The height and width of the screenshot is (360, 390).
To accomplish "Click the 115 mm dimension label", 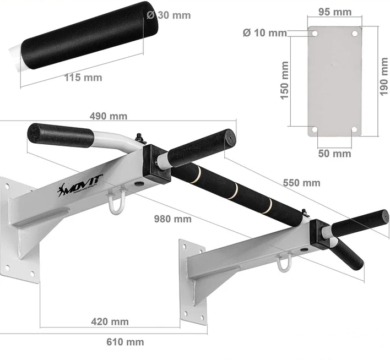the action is (83, 78).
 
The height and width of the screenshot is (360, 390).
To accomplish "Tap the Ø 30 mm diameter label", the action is (169, 15).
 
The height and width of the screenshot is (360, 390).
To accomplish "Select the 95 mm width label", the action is (335, 12).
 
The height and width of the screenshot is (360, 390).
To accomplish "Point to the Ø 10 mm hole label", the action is (265, 32).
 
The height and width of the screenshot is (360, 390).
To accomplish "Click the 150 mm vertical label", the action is (284, 80).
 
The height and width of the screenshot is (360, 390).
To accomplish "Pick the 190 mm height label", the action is (384, 77).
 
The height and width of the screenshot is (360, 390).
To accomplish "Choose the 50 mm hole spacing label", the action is (334, 154).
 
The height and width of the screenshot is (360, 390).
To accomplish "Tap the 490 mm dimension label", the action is (109, 116).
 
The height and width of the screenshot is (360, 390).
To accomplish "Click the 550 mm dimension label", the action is (301, 183).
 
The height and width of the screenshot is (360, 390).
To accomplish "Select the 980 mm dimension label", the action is (173, 219).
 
